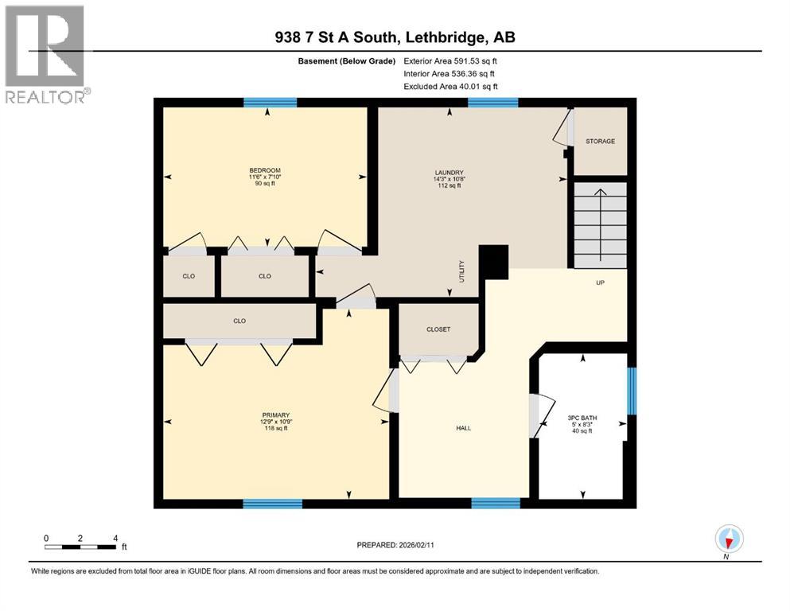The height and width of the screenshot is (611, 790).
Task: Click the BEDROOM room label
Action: click(265, 170)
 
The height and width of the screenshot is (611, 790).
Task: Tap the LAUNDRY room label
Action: click(449, 173)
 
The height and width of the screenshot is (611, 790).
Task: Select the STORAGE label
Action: click(600, 142)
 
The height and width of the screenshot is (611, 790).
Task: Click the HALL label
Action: click(463, 428)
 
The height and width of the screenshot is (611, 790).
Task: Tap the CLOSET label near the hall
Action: click(438, 329)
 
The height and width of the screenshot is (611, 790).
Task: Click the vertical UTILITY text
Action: click(461, 271)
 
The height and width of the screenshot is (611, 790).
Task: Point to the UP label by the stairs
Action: click(601, 282)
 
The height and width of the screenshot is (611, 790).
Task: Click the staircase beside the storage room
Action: click(601, 225)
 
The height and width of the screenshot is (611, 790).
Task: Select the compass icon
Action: click(729, 539)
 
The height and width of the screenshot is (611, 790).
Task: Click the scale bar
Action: click(81, 547)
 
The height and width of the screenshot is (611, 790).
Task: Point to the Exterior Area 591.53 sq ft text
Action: click(451, 61)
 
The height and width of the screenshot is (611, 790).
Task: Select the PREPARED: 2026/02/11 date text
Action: click(395, 545)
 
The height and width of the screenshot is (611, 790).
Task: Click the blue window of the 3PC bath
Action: click(632, 391)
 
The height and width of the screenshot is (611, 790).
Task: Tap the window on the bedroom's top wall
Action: click(270, 102)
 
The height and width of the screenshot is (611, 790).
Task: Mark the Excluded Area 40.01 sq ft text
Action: click(451, 87)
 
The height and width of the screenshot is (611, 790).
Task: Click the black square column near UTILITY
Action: click(495, 262)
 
